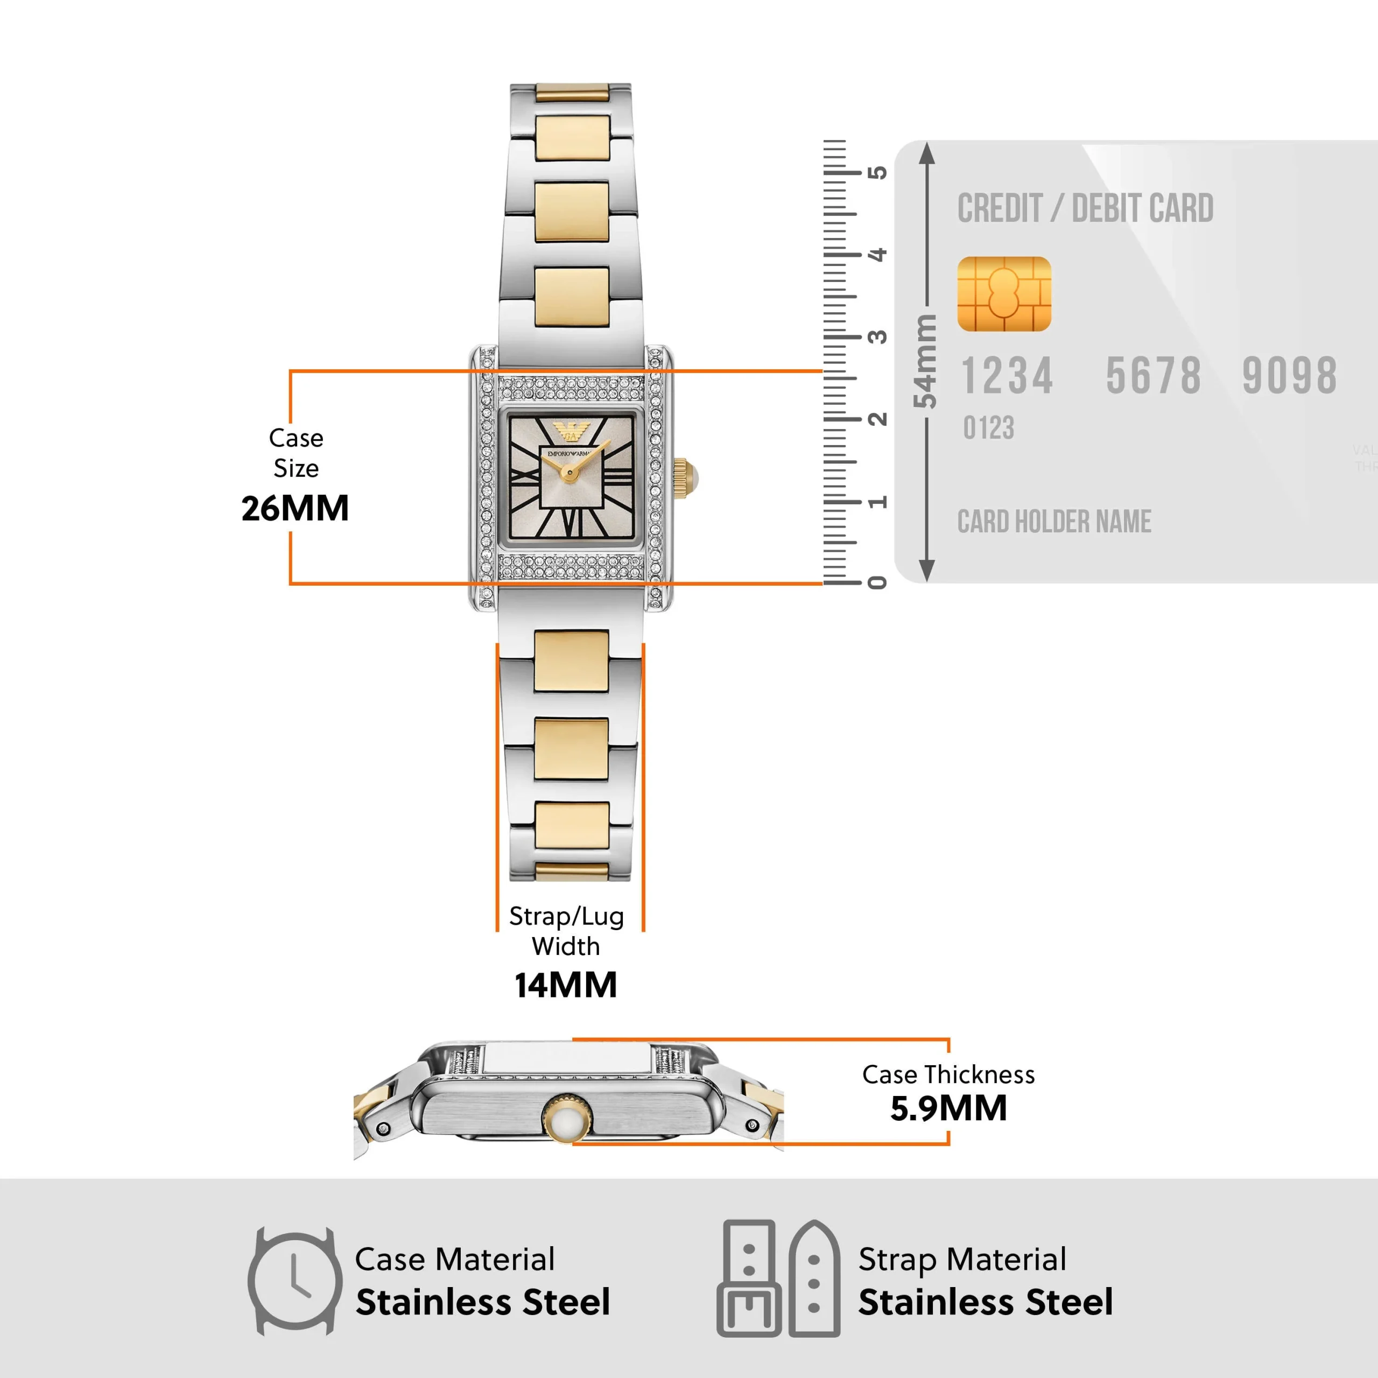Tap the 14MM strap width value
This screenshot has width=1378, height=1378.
(x=566, y=985)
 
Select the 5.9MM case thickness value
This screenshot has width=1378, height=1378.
(x=948, y=1108)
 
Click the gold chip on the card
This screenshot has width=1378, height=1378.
(x=1003, y=294)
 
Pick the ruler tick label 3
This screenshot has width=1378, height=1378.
(x=877, y=336)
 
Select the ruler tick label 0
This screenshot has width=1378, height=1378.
(x=877, y=583)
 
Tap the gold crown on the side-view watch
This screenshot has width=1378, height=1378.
(x=567, y=1119)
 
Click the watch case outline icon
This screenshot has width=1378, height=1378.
(x=294, y=1281)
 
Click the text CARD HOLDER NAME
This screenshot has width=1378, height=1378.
(x=1053, y=522)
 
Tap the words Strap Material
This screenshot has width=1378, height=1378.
(x=961, y=1260)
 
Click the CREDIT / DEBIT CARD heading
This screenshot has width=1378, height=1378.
(x=1084, y=209)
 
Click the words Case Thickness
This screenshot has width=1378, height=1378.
(x=948, y=1074)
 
